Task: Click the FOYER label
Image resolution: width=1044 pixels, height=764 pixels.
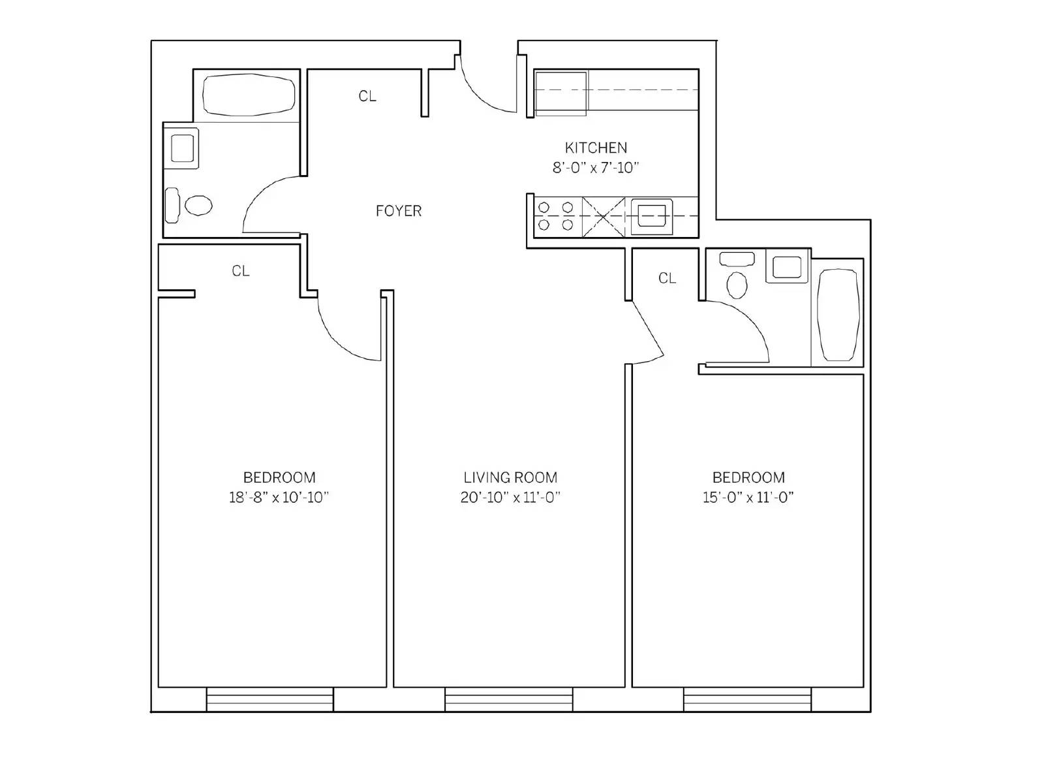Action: coord(399,212)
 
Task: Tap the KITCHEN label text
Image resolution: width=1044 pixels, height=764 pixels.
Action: coord(596,148)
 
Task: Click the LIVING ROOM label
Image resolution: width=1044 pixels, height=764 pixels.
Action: coord(510,477)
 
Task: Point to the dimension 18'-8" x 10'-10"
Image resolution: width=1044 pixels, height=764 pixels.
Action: coord(279,498)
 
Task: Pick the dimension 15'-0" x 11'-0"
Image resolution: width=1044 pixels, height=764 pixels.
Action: coord(748,498)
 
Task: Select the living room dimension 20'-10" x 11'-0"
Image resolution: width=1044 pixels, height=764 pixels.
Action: coord(510,498)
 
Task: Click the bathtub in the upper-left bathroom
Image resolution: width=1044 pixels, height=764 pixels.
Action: coord(249,95)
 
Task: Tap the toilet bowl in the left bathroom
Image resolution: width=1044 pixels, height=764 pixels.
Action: coord(198,205)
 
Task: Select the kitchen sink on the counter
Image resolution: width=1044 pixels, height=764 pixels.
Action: coord(652,216)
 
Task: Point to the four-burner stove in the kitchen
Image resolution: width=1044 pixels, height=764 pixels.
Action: coord(557,216)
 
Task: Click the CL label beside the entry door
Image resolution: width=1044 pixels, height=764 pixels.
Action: coord(367,96)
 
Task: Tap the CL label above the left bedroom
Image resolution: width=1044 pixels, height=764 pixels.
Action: coord(241,271)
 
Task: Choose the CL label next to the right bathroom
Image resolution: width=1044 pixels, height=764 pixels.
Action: coord(667,278)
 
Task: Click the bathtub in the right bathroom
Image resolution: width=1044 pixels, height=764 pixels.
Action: coord(838,315)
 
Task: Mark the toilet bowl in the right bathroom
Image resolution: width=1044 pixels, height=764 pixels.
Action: coord(737,285)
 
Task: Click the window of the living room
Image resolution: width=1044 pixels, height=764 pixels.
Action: coord(508,699)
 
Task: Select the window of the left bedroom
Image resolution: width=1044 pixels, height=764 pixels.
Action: coord(270,699)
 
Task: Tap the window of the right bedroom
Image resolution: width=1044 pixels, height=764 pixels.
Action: coord(748,699)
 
